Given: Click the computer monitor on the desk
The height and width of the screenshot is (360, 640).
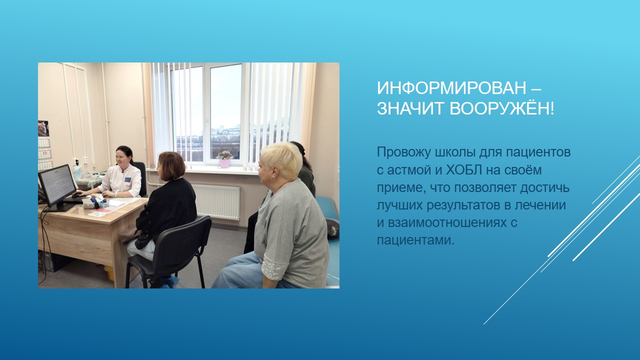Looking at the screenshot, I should click(57, 185).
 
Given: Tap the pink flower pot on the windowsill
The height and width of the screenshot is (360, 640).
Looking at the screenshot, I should click(225, 162).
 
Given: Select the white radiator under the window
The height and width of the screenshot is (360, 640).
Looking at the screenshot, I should click(215, 201).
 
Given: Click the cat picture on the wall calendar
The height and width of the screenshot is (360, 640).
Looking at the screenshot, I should click(43, 128).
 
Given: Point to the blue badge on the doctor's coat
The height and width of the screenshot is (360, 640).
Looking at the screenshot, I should click(127, 179).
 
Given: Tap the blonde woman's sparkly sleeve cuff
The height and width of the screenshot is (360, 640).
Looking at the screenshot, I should click(274, 267).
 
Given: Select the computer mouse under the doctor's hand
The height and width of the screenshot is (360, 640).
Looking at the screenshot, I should click(75, 195).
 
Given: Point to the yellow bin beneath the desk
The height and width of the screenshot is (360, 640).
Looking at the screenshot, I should click(109, 272).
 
